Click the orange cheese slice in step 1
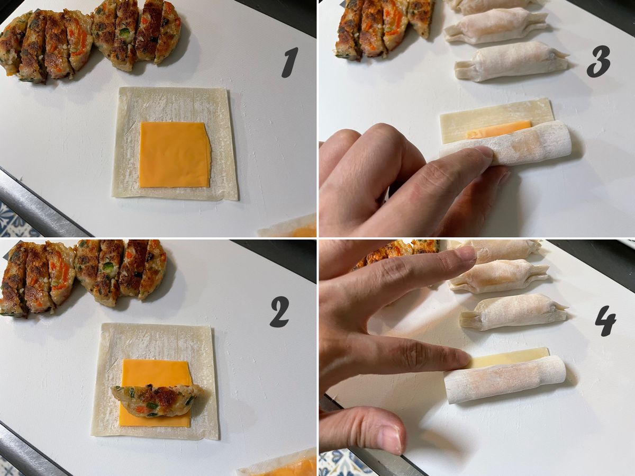pos(175,155)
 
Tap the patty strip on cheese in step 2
pos(158,400)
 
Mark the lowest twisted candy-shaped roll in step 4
pos(513,312)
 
